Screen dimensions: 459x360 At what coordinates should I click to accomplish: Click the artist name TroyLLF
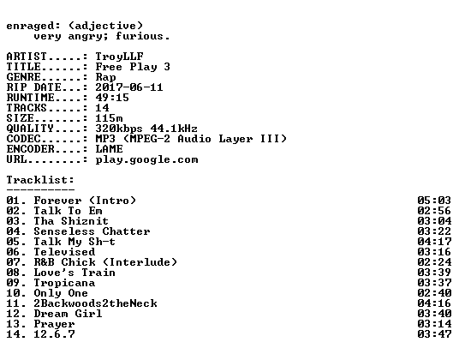coord(119,57)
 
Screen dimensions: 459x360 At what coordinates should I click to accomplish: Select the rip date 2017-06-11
coord(129,87)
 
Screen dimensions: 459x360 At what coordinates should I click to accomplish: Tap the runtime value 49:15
coord(112,98)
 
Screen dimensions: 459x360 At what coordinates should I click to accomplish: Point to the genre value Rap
coord(105,78)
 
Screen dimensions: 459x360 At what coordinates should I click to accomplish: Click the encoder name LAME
coord(110,149)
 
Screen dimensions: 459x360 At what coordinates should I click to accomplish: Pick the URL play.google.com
coord(146,160)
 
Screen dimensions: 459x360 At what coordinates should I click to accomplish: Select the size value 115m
coord(109,118)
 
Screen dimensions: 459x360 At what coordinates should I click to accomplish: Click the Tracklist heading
coord(40,180)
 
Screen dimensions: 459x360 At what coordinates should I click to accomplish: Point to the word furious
coord(140,36)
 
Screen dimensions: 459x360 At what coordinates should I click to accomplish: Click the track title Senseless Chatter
coord(92,231)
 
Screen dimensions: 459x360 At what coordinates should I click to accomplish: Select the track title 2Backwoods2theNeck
coord(95,303)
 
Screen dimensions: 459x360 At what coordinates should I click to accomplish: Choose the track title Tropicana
coord(64,283)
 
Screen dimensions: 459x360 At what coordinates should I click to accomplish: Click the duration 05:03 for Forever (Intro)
coord(434,201)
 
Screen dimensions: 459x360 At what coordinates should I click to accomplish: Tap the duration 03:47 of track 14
coord(434,334)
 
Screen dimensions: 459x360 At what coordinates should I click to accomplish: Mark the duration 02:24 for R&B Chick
coord(434,262)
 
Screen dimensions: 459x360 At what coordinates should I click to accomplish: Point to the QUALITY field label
coord(30,129)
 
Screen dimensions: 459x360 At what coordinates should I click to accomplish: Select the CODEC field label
coord(23,139)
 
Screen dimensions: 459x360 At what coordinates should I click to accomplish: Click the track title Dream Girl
coord(68,314)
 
